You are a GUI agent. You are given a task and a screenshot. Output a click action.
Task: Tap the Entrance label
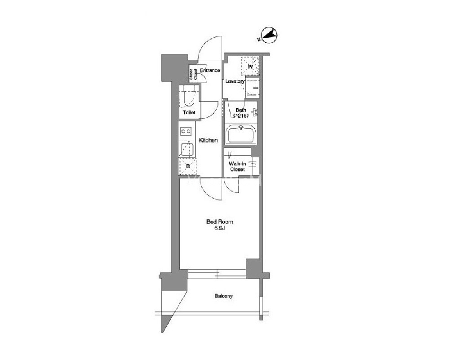click(210, 70)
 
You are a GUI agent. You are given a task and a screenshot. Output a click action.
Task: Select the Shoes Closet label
click(193, 74)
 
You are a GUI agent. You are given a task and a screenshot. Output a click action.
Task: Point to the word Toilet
click(189, 112)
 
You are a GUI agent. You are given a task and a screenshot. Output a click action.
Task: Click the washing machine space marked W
click(250, 66)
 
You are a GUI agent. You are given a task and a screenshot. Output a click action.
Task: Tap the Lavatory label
click(235, 81)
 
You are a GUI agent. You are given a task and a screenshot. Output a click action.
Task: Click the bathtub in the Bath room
click(241, 134)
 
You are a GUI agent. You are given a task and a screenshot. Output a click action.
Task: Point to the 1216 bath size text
click(240, 116)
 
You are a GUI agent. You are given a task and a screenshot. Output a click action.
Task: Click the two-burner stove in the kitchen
click(186, 131)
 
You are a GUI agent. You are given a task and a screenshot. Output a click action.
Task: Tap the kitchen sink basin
click(187, 149)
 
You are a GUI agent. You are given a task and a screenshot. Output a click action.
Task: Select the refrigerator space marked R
click(188, 166)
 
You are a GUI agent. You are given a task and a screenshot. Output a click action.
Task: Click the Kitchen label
click(208, 140)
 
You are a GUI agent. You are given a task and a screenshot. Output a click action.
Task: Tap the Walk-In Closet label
click(237, 166)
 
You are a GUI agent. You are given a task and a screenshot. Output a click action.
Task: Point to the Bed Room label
click(220, 222)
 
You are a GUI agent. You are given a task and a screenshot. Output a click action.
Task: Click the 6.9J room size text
click(220, 228)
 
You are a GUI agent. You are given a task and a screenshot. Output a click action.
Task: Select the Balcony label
click(224, 296)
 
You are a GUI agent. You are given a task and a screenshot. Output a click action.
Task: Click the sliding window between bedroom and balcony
click(217, 274)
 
